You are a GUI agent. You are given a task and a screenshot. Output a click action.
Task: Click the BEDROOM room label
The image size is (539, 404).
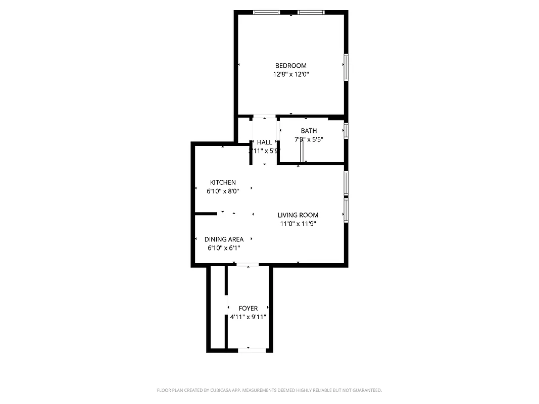tap(290, 66)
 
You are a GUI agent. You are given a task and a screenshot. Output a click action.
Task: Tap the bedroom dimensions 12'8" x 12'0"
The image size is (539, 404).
tap(290, 74)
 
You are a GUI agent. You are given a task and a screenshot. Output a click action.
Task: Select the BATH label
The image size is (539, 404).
tap(309, 131)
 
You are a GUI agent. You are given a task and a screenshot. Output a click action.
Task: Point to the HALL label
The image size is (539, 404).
tap(264, 142)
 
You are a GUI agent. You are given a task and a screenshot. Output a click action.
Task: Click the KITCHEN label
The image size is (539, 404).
tap(223, 182)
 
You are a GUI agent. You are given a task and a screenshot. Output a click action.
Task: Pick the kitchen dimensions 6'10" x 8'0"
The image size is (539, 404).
tap(223, 191)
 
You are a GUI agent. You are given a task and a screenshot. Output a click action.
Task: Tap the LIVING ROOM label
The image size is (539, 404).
tap(298, 215)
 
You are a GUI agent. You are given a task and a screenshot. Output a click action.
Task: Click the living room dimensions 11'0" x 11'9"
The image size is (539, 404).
tap(298, 224)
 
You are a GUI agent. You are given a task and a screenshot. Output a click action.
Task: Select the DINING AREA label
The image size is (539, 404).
tap(224, 239)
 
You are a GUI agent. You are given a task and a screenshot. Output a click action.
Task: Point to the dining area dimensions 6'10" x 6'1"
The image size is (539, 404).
tap(224, 248)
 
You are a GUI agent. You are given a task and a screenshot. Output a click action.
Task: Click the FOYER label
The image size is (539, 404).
tap(248, 308)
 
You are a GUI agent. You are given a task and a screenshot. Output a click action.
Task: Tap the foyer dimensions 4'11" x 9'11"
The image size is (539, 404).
tap(248, 317)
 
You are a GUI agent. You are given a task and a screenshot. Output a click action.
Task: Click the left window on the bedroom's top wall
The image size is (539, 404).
tap(266, 12)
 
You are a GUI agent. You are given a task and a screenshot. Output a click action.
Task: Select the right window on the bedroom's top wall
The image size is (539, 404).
tap(311, 12)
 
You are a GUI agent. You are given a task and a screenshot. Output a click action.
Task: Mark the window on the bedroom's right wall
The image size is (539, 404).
tap(346, 67)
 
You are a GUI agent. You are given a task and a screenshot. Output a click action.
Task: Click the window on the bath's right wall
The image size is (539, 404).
tap(346, 130)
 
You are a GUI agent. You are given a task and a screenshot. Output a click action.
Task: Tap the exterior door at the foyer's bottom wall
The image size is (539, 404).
tap(251, 349)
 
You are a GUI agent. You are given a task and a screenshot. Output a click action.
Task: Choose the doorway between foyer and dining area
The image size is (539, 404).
tap(248, 265)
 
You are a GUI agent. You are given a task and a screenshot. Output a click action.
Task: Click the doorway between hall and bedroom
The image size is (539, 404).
tap(264, 117)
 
